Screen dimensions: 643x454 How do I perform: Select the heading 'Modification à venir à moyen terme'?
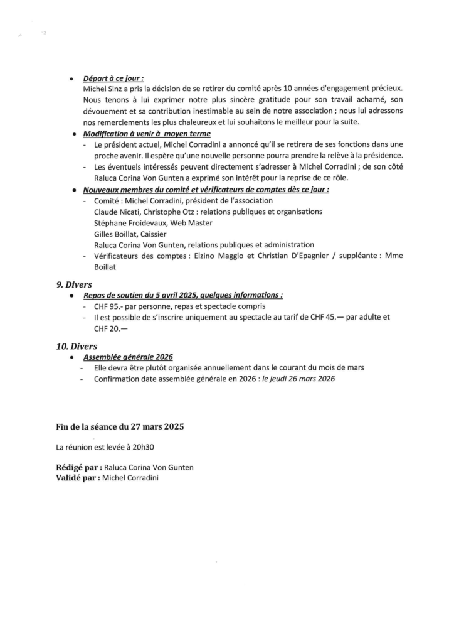point(147,134)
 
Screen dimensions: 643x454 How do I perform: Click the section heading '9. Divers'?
point(74,284)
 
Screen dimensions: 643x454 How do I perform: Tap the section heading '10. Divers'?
point(77,346)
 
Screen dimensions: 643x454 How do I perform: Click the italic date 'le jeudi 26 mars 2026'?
point(298,379)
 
